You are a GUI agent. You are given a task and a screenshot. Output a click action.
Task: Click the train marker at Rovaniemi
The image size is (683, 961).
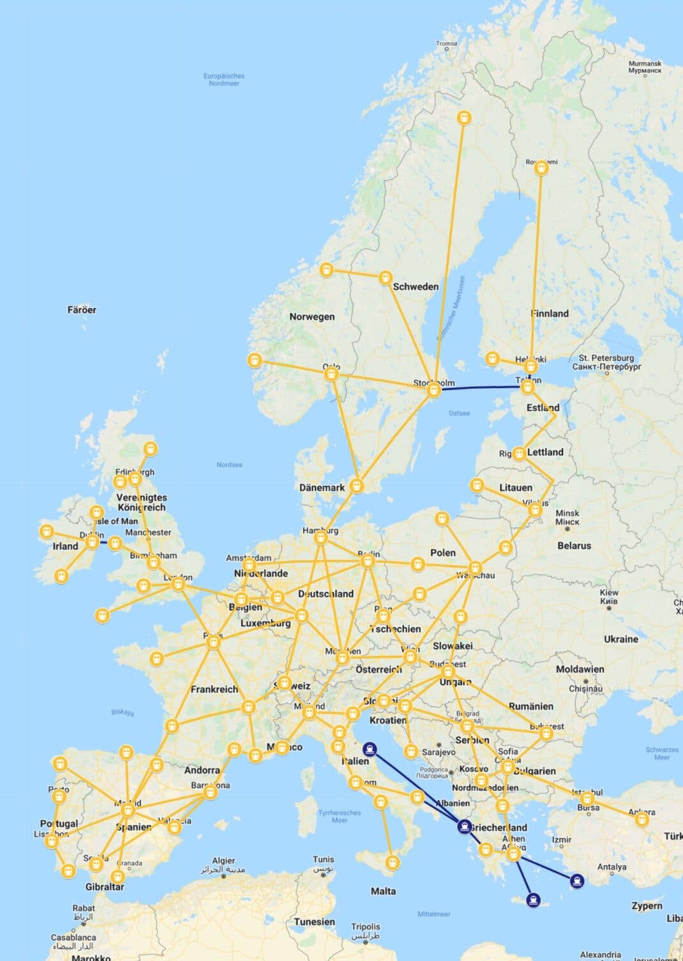(541, 169)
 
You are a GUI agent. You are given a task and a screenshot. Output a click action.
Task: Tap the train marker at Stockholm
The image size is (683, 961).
(434, 390)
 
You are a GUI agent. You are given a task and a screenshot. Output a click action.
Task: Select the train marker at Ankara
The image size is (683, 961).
(642, 819)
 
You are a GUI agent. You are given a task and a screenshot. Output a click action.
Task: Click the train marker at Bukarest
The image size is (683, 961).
(546, 734)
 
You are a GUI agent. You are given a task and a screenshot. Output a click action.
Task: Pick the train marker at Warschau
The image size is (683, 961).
(474, 568)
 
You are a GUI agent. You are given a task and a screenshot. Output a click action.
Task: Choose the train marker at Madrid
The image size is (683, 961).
(128, 810)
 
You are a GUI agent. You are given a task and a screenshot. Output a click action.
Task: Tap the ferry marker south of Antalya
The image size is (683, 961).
(576, 882)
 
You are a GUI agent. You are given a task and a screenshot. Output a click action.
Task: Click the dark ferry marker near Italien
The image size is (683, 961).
(369, 749)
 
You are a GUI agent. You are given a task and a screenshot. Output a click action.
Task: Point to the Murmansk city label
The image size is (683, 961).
(645, 67)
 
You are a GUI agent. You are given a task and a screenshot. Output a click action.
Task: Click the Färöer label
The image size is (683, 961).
(82, 310)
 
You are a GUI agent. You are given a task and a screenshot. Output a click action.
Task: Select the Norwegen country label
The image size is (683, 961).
(311, 317)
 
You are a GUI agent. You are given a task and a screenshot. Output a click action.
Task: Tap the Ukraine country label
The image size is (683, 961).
(620, 639)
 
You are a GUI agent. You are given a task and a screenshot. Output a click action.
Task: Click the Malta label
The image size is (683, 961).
(383, 891)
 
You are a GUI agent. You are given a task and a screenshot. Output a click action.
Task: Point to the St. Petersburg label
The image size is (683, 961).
(606, 362)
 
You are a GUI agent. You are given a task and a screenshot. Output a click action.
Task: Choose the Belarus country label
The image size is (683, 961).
(574, 546)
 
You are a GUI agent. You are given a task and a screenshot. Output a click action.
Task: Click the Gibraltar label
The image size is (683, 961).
(105, 887)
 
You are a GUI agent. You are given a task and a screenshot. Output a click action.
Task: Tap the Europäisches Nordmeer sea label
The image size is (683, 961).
(224, 79)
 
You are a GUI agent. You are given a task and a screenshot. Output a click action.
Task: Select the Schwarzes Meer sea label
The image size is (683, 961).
(661, 753)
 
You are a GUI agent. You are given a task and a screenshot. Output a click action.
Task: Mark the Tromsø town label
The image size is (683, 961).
(447, 44)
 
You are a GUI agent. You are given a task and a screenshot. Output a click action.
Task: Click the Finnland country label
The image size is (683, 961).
(550, 314)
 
